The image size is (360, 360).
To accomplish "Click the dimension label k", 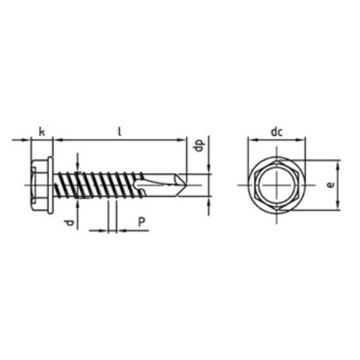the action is pyautogui.click(x=42, y=132).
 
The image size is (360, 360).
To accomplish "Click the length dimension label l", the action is pyautogui.click(x=120, y=132).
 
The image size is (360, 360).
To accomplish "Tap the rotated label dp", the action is pyautogui.click(x=200, y=145).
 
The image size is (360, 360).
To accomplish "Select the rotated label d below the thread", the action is pyautogui.click(x=69, y=223).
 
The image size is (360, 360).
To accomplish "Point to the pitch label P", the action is pyautogui.click(x=142, y=222).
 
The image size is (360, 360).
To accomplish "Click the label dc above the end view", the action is pyautogui.click(x=276, y=132).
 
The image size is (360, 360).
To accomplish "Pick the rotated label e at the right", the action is pyautogui.click(x=330, y=185).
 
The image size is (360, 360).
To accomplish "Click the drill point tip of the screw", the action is pyautogui.click(x=185, y=185).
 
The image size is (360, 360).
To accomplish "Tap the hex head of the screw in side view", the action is pyautogui.click(x=40, y=185).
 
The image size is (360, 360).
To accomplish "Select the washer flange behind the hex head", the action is pyautogui.click(x=50, y=185).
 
